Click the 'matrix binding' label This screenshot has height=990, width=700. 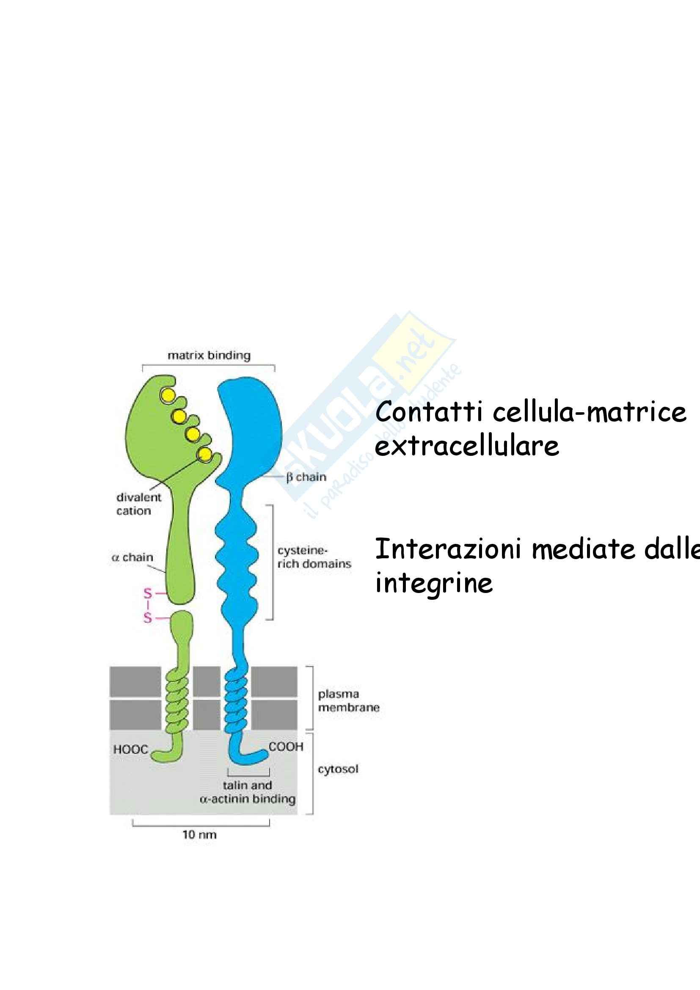[x=209, y=355]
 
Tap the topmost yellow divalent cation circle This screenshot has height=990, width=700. [x=168, y=395]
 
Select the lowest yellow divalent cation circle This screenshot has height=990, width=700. [x=205, y=454]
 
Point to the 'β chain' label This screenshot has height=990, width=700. [x=306, y=477]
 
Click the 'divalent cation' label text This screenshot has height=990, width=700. [x=139, y=504]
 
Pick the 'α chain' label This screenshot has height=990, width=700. [x=132, y=557]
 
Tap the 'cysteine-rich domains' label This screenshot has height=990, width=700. [x=314, y=557]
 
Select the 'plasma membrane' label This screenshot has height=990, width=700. [x=349, y=700]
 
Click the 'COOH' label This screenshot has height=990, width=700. [x=286, y=746]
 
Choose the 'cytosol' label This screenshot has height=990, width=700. [x=338, y=769]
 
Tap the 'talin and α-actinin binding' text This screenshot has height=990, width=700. [x=248, y=792]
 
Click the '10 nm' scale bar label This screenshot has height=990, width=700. [x=200, y=834]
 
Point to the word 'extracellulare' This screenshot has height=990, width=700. [x=467, y=445]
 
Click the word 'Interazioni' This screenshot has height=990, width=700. [x=449, y=549]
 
